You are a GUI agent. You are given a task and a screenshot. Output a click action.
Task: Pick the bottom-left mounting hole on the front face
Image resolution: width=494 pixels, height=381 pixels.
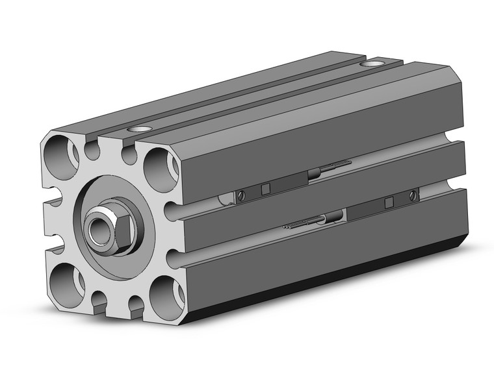click(x=64, y=277)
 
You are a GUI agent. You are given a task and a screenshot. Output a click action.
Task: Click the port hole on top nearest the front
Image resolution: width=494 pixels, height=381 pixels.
click(x=138, y=129)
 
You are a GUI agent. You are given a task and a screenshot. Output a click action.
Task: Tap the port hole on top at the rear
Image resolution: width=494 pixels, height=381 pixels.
click(x=372, y=64)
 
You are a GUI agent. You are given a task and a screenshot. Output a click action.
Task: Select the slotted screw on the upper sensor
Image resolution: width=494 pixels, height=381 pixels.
click(x=241, y=195)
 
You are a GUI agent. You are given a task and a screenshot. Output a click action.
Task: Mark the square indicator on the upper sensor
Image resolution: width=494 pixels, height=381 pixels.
click(x=265, y=189)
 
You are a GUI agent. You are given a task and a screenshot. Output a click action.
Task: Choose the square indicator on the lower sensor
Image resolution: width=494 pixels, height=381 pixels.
click(x=388, y=203)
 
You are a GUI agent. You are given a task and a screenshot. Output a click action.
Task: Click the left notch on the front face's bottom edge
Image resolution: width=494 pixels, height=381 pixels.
click(x=99, y=301)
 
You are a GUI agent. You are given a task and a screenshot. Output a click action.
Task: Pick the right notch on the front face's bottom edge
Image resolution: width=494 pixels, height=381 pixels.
click(x=136, y=305)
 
